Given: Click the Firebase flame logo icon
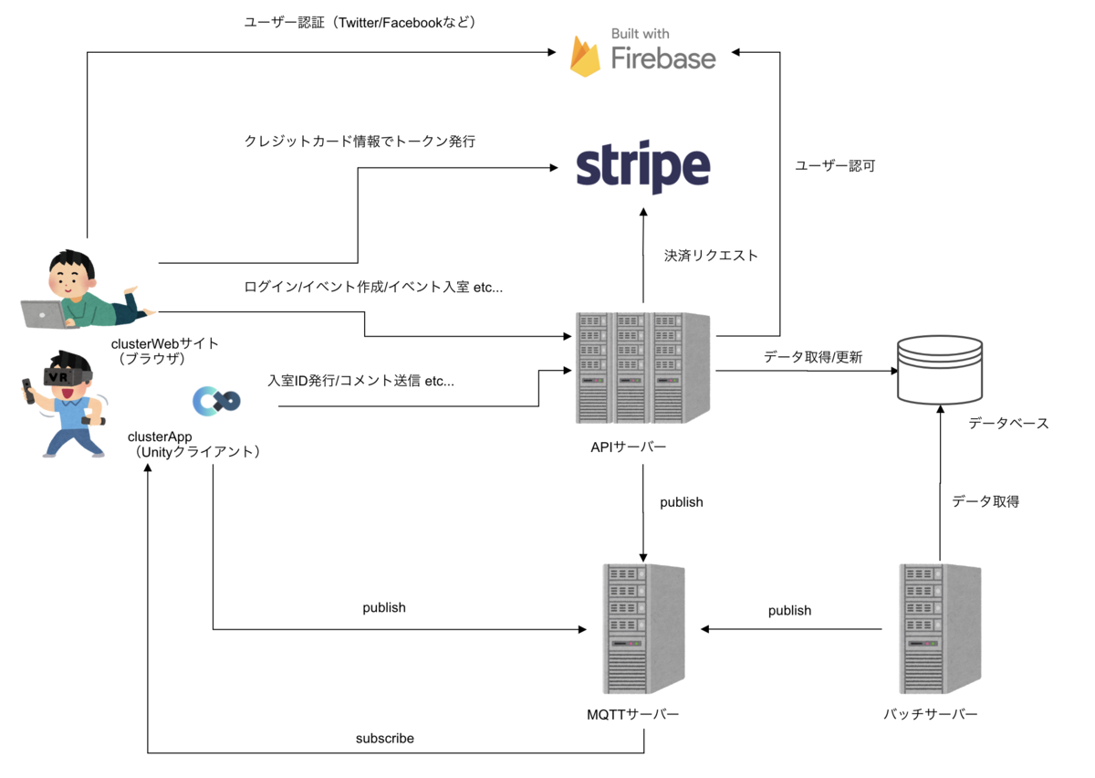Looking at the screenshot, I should point(585,57).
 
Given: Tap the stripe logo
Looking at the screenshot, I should point(643,168).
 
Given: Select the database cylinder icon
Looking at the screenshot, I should point(940,370).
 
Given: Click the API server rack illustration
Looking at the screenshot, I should point(643,368).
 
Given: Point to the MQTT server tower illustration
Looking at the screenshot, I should point(644,629).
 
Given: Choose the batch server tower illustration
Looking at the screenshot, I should point(939,629).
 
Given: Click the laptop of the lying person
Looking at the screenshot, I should point(44,313).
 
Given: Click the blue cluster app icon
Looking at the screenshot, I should point(216,400).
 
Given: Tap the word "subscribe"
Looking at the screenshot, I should point(384,738).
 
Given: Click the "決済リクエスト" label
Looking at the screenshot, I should point(711,256).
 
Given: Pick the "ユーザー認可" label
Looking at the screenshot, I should point(835,166).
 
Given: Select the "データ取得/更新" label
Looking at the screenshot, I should point(813,357).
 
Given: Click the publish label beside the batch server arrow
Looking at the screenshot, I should point(789,610).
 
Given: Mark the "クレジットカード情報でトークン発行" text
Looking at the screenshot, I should point(360,142).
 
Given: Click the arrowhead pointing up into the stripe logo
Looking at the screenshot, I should point(643,212).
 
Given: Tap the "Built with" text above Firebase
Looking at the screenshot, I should point(640,34).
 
